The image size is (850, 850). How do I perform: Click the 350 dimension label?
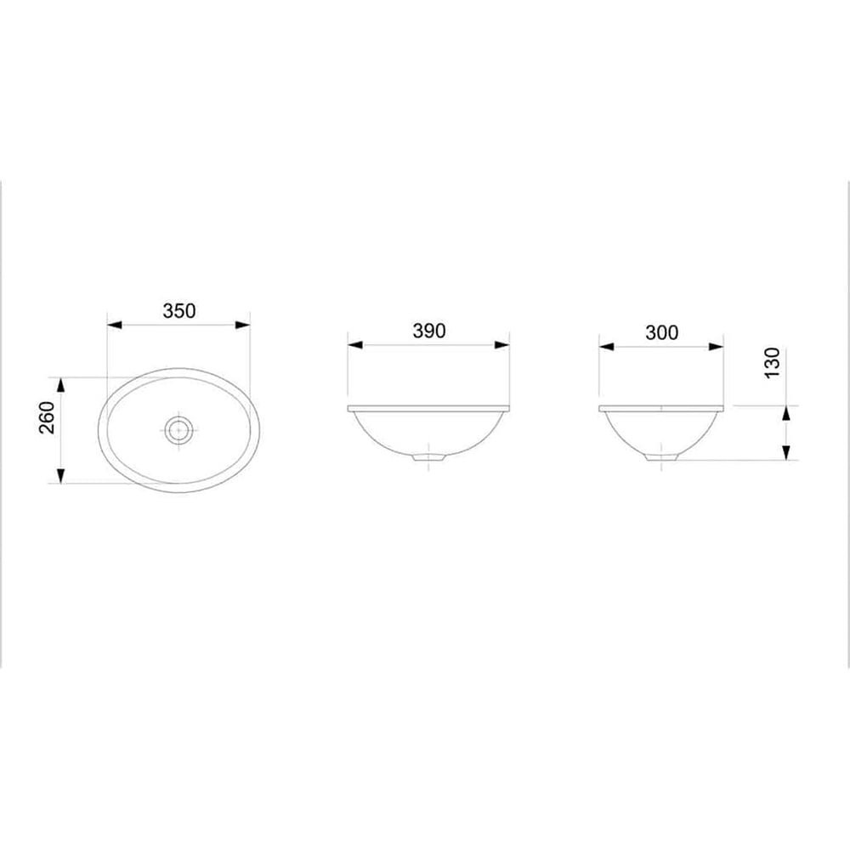coord(178,310)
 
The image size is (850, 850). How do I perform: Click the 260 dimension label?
coord(47,417)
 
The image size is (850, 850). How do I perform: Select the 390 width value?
coord(428,331)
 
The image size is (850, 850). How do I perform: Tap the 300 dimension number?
coord(661,332)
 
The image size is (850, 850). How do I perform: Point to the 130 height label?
coord(772,363)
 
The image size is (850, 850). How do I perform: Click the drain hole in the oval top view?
coord(178,430)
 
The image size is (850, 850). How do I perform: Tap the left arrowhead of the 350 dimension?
coord(115,326)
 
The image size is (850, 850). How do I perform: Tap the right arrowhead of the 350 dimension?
coord(242,326)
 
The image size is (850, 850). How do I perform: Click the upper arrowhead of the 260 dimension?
coord(60,385)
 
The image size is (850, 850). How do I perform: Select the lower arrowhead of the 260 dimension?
coord(60,475)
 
